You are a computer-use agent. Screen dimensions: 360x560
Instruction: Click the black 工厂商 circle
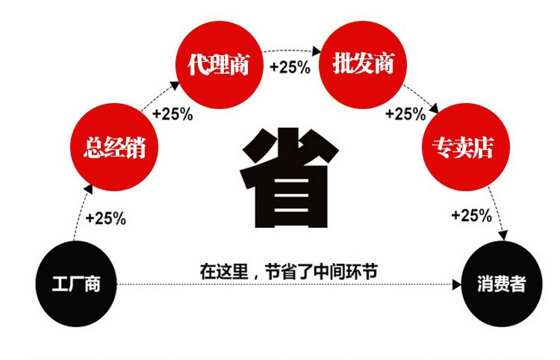[x=75, y=284]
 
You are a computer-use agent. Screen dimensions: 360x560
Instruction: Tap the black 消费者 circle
[x=501, y=284]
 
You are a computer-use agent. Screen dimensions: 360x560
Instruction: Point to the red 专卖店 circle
[x=467, y=146]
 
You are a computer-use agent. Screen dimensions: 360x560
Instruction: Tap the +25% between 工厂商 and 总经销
[x=105, y=219]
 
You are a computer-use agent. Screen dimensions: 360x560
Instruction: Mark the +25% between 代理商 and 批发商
[x=290, y=66]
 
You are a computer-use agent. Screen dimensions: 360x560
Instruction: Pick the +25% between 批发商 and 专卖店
[x=405, y=114]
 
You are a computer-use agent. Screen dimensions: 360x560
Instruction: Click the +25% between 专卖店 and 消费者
[x=471, y=216]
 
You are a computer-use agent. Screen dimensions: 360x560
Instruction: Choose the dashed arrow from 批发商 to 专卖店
[x=423, y=98]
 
